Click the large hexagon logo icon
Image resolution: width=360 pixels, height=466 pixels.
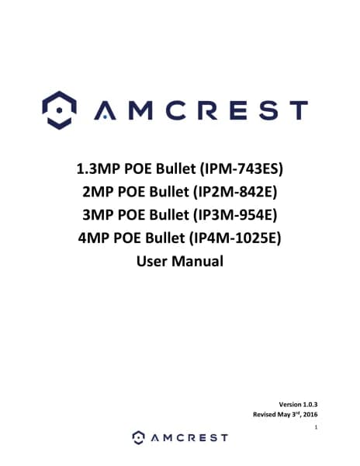[x=60, y=110]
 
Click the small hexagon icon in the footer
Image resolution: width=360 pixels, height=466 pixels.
[x=138, y=437]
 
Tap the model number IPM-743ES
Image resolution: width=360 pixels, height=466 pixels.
[x=241, y=169]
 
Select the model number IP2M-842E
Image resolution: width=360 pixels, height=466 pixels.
[x=235, y=192]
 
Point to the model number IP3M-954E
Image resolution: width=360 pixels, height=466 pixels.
[x=235, y=214]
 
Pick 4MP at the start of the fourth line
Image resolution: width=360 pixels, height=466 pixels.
[x=94, y=238]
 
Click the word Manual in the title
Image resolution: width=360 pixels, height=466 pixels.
[x=197, y=261]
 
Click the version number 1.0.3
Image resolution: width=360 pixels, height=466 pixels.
[x=310, y=405]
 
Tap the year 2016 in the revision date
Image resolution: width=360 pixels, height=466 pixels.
[x=310, y=414]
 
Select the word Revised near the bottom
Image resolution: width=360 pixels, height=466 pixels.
[x=265, y=414]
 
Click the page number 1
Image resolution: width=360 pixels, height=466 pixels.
[x=316, y=427]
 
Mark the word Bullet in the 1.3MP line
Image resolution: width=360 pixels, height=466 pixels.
[x=175, y=169]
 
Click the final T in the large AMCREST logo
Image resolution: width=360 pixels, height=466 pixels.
[x=298, y=110]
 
